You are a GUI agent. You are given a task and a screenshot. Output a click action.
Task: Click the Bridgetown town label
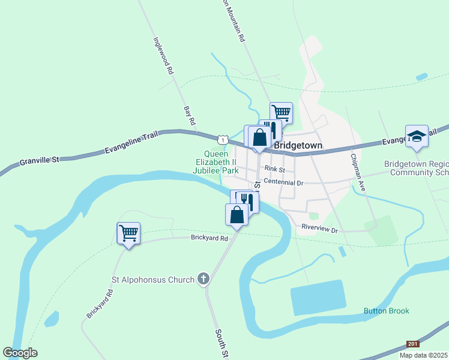tap(298, 146)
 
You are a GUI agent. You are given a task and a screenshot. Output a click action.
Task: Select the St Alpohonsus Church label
tap(153, 280)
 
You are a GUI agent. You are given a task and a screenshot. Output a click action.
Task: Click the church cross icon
tap(203, 279)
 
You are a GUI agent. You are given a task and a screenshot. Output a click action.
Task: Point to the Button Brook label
tap(386, 311)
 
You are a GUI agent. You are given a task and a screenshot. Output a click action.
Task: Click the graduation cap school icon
tap(416, 136)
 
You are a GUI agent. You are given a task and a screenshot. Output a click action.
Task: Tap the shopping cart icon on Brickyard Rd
tap(128, 233)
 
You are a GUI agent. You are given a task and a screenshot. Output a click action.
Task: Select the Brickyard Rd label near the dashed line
tap(210, 238)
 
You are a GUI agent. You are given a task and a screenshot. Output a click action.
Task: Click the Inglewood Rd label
tap(163, 56)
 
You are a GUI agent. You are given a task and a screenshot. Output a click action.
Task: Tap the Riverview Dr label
tap(320, 229)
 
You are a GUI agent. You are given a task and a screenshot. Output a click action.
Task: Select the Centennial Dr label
tap(284, 182)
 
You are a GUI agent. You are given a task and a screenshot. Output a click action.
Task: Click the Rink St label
tap(274, 170)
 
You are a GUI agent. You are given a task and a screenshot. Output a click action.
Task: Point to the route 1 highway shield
tap(223, 139)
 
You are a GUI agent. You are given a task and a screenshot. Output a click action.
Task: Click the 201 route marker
tap(412, 344)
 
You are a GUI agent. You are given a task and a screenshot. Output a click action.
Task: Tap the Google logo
tap(20, 353)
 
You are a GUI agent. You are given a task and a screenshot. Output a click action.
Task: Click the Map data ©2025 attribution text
tap(424, 355)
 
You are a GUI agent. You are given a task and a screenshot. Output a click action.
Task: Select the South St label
tap(221, 344)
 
